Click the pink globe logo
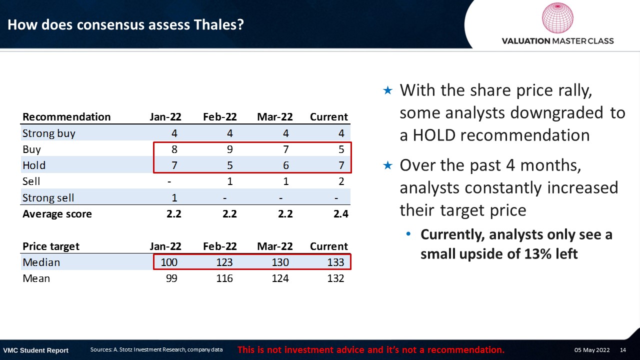[x=557, y=17]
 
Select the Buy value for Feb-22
[x=229, y=149]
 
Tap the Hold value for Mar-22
[x=285, y=165]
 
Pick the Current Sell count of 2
[x=341, y=181]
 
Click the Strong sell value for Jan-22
[x=174, y=197]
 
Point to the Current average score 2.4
[x=341, y=214]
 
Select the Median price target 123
[x=224, y=262]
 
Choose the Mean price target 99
[x=171, y=278]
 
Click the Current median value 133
[x=335, y=262]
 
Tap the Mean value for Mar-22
[x=280, y=278]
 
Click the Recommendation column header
[x=66, y=117]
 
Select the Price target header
[x=51, y=246]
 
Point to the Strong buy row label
[x=49, y=133]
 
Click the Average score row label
[x=57, y=214]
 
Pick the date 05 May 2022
[x=592, y=350]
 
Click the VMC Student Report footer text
[x=35, y=350]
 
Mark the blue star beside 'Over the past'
[x=387, y=165]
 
